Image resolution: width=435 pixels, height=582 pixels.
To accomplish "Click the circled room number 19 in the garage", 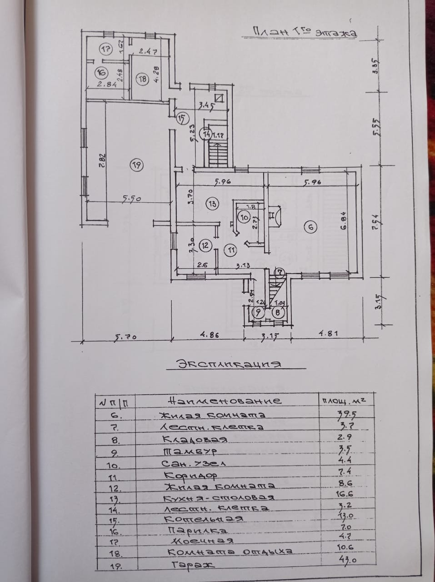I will click(x=136, y=166).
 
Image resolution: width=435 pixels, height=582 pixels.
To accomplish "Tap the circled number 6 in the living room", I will click(x=310, y=228).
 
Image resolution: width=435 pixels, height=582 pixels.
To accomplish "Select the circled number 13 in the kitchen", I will click(x=212, y=204).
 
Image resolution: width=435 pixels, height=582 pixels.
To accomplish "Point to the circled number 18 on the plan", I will click(x=143, y=79).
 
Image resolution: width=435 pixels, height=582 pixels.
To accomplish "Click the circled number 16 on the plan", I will click(x=100, y=72).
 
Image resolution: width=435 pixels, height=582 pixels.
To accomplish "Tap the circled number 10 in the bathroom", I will click(x=244, y=218).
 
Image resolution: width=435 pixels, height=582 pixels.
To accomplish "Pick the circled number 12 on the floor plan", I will click(x=205, y=246).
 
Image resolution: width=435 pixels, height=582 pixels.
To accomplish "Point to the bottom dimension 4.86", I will click(x=206, y=335).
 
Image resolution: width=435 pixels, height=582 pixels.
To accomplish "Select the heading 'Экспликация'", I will click(x=229, y=364).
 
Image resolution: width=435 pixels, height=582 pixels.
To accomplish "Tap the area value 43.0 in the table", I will click(x=345, y=561).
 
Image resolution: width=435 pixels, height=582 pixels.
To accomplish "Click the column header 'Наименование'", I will click(x=225, y=401).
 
